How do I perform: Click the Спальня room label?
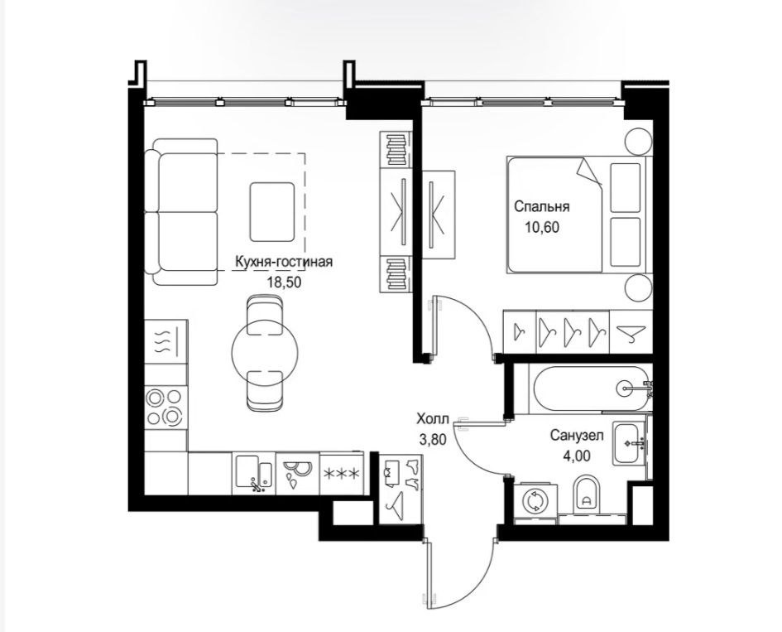tap(542, 206)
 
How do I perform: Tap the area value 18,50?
tap(285, 282)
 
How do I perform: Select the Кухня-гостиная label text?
tap(283, 262)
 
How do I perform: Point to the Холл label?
tap(433, 418)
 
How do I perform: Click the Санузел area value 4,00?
tap(577, 456)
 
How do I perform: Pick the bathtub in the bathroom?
tap(592, 388)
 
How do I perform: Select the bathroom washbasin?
tap(630, 443)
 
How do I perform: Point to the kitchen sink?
tap(254, 473)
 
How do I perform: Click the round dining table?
tap(265, 352)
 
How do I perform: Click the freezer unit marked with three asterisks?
tap(341, 474)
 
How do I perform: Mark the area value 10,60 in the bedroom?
tap(542, 228)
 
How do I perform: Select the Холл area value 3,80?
tap(433, 440)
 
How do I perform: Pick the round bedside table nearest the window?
tap(638, 142)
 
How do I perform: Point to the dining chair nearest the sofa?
tap(265, 313)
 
